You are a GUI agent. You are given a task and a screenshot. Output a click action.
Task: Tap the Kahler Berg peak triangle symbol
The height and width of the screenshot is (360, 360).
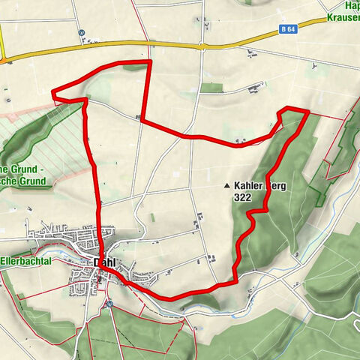coord(226,184)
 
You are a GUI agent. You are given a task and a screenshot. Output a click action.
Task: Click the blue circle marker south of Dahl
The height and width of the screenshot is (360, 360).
coord(108,303)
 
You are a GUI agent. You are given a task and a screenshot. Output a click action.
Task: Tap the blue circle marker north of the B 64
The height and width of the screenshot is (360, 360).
coord(80,32)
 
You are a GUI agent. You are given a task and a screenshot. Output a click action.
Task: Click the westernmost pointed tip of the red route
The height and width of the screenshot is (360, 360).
coord(52,93)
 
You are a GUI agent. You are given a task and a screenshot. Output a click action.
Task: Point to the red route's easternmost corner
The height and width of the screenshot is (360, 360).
coord(308,112)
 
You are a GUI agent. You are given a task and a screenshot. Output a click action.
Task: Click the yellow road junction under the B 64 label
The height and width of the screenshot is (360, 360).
coord(202,47)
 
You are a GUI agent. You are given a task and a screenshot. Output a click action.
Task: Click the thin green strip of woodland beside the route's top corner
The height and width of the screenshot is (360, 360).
coord(136,67)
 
